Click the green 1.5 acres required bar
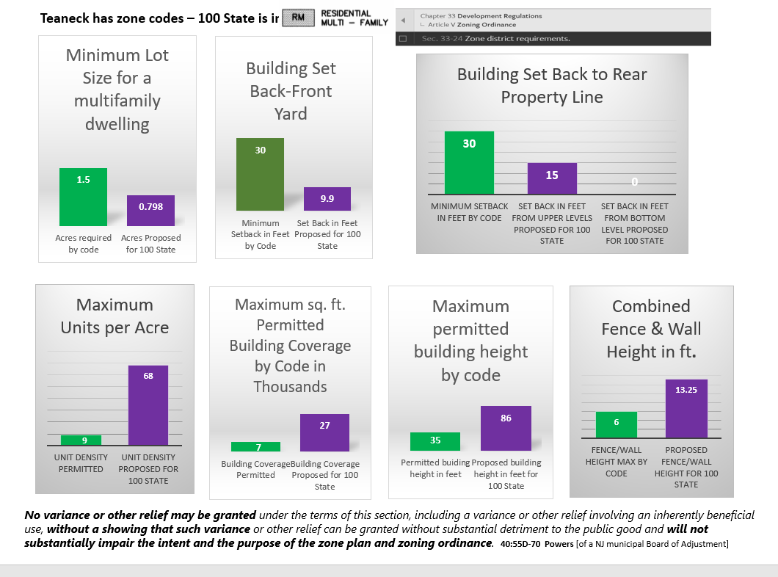(83, 197)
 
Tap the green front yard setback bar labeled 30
(260, 174)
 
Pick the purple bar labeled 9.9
(327, 199)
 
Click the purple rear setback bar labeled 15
(552, 178)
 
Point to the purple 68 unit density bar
(148, 405)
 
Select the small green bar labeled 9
(81, 440)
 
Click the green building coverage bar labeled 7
(255, 446)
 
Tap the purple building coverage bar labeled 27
(324, 432)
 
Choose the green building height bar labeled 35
(435, 441)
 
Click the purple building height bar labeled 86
(506, 428)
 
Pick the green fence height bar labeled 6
(617, 425)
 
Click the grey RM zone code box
(297, 18)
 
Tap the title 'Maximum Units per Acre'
(115, 316)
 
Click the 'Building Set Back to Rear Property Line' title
(552, 86)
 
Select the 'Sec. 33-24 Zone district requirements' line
(496, 38)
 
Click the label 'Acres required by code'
(84, 244)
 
